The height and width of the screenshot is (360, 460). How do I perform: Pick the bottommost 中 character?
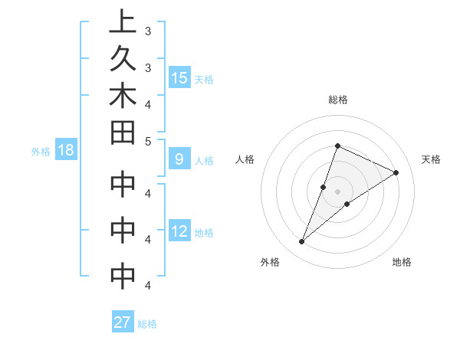pos(122,277)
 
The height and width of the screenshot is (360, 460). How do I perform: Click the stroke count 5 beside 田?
pos(147,140)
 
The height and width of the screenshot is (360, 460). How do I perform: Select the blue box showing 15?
pos(179,77)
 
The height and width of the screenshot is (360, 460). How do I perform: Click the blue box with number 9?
pos(179,160)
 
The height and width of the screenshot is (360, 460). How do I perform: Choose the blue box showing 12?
pos(179,231)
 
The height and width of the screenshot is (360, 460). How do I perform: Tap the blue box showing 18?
pos(66,150)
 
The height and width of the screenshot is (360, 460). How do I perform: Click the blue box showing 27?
pos(123,322)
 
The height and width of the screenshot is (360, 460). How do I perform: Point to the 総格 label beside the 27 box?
pos(147,324)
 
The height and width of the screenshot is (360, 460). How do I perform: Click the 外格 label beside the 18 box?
pos(41,152)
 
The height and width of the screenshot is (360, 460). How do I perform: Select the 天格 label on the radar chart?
pos(431,159)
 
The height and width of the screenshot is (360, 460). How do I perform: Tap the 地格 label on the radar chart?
pos(402,262)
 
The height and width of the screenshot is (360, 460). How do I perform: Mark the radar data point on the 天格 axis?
pos(396,173)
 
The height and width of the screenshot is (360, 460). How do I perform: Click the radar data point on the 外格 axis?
pos(302,242)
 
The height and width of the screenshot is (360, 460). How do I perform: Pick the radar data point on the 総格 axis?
pos(337,146)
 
